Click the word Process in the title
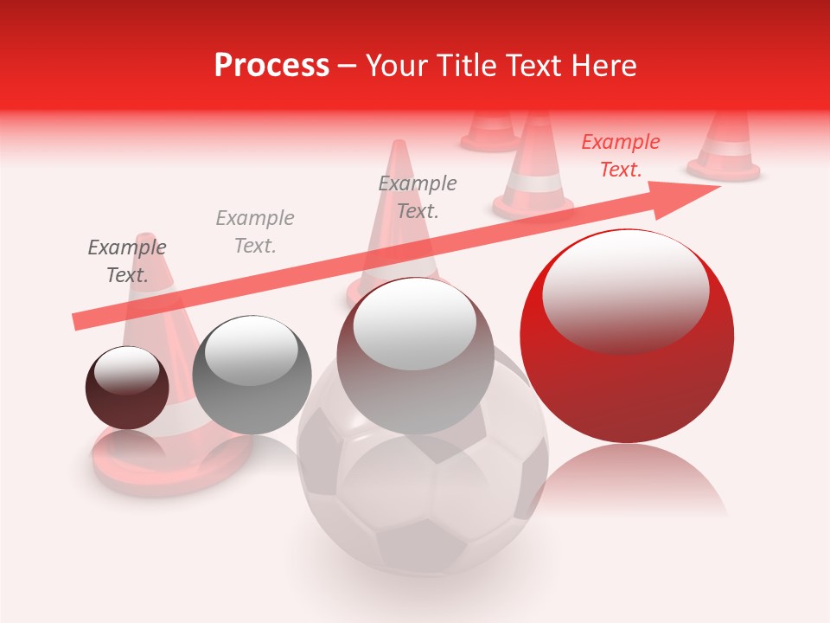click(x=271, y=66)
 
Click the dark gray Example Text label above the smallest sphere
click(x=127, y=261)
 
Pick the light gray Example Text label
click(x=255, y=232)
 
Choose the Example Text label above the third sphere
click(x=418, y=197)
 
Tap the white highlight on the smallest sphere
click(x=127, y=370)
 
